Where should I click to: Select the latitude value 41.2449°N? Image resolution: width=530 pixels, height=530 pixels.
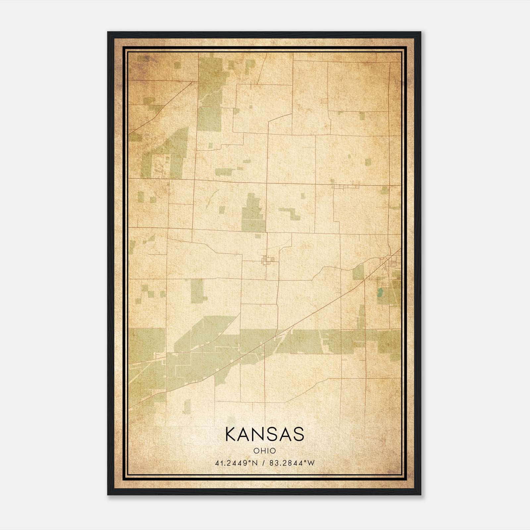(236, 463)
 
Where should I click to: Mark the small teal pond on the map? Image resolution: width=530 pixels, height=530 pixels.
(380, 292)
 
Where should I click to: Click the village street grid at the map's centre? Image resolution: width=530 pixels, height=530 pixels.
(268, 260)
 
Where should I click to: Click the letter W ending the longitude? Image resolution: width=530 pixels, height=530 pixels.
(311, 463)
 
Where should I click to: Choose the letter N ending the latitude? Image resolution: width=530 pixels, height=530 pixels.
(255, 463)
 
